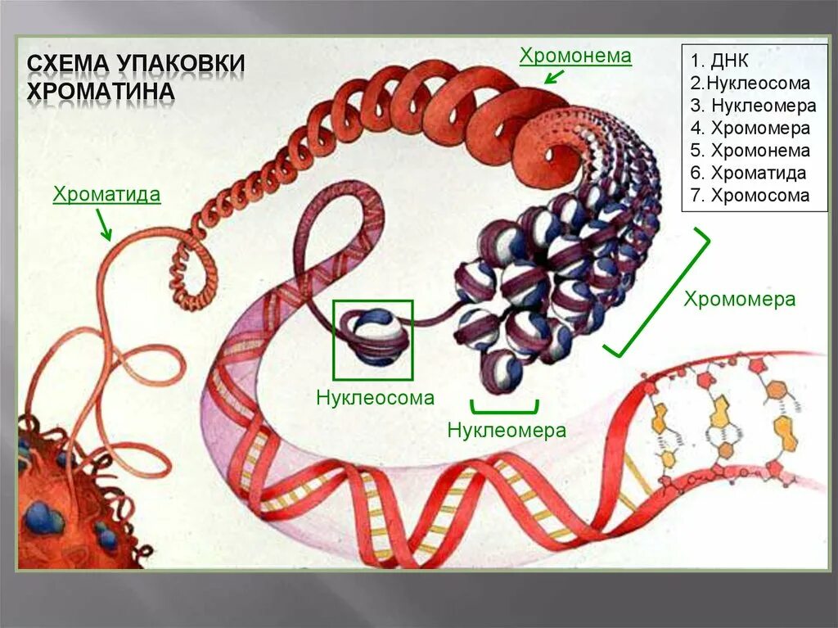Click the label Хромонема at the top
click(575, 56)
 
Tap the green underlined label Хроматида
click(106, 195)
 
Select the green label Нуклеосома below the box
click(375, 399)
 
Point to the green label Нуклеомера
click(507, 430)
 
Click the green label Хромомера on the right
click(740, 299)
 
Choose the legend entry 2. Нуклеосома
click(750, 84)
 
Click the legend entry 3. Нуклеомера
click(753, 106)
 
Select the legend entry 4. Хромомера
click(750, 129)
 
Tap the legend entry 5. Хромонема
click(750, 151)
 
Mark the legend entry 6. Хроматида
click(748, 173)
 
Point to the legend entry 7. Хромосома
click(750, 196)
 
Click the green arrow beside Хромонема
click(554, 77)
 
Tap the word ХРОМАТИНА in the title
click(101, 90)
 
